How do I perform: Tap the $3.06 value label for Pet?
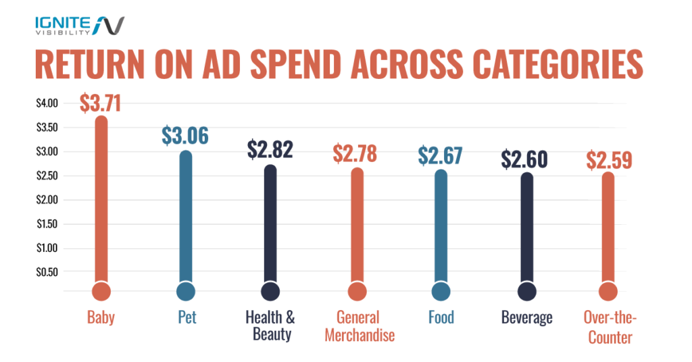[x=185, y=136]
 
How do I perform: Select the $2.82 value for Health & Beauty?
[x=270, y=149]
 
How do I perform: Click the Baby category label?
[x=101, y=317]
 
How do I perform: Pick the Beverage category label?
[x=527, y=317]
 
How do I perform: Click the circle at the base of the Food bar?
[x=441, y=291]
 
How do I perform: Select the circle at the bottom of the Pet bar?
[x=186, y=291]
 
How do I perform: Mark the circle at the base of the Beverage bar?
[x=527, y=291]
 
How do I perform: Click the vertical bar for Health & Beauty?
[x=270, y=223]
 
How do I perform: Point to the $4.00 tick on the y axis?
[x=48, y=103]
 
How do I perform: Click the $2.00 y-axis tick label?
[x=48, y=200]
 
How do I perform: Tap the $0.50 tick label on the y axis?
[x=48, y=272]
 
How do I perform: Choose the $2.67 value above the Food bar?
[x=440, y=155]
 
